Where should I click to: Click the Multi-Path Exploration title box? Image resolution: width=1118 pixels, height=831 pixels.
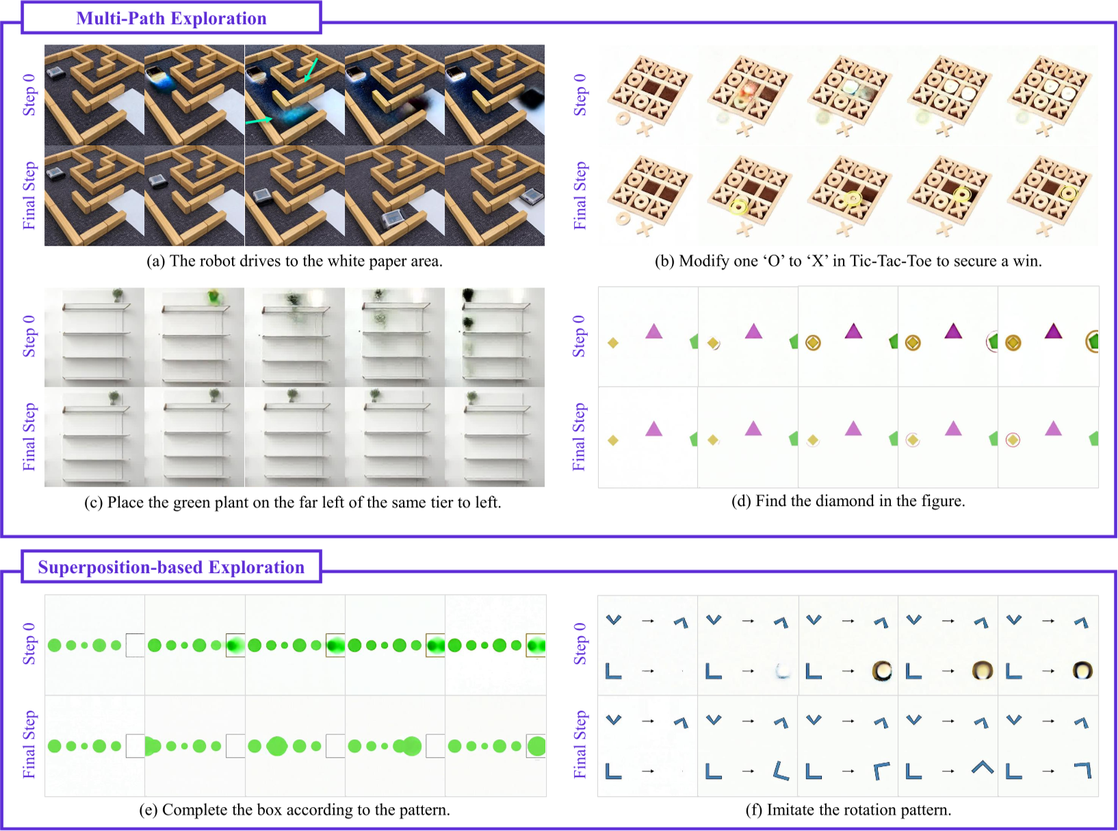tap(171, 18)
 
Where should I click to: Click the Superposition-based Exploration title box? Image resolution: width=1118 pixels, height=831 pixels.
tap(171, 567)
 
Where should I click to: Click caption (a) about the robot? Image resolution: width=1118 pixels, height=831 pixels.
tap(294, 261)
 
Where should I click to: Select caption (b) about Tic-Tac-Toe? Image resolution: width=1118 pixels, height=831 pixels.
tap(848, 261)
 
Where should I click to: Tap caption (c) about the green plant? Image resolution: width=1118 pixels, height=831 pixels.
tap(293, 502)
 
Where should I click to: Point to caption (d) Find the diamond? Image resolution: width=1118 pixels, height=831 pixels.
tap(848, 501)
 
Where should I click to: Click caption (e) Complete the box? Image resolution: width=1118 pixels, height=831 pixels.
tap(294, 810)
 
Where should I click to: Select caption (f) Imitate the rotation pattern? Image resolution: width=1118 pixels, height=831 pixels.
tap(848, 810)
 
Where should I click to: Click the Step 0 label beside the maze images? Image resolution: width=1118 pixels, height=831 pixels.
tap(29, 94)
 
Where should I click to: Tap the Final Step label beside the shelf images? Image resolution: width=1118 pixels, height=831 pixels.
tap(29, 437)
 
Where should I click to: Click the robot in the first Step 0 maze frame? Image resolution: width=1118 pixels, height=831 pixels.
tap(55, 72)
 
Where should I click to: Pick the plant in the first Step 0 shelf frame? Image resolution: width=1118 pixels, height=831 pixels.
tap(118, 295)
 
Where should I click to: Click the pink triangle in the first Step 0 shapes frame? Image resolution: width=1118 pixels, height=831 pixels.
tap(653, 331)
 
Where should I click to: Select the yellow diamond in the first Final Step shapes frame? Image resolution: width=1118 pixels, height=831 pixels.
tap(613, 440)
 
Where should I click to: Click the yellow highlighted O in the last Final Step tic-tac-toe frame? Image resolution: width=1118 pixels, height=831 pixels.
tap(1068, 192)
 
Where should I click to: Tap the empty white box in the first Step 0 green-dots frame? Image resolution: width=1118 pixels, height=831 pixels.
tap(135, 645)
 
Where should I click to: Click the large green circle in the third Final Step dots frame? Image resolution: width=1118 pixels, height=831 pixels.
tap(277, 745)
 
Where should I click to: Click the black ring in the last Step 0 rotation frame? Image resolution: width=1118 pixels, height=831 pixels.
tap(1082, 670)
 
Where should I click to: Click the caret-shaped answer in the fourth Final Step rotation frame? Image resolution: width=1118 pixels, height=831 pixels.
tap(983, 767)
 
